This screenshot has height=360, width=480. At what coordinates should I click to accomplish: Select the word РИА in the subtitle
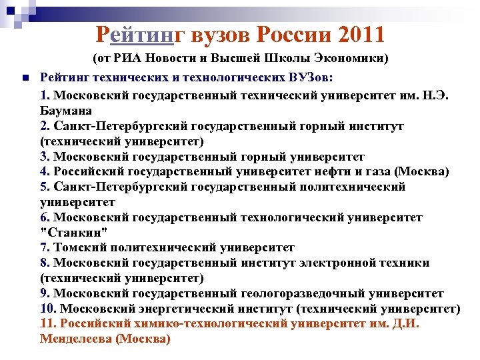point(131,58)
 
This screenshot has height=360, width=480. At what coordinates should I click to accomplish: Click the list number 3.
point(45,157)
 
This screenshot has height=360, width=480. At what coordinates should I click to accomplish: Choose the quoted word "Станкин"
point(73,233)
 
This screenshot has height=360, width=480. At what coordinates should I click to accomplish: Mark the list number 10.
point(48,309)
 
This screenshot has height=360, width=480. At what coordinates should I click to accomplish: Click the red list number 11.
point(48,323)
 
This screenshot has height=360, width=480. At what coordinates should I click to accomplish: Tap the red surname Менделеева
point(75,339)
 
